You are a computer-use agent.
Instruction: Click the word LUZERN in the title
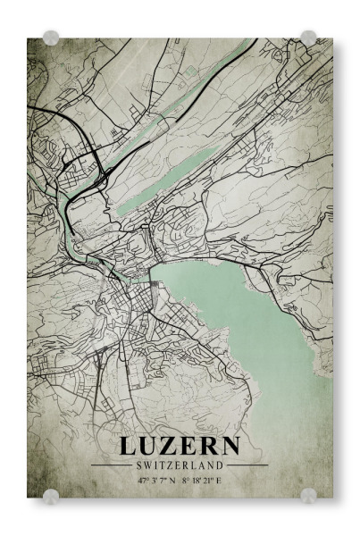(x=179, y=447)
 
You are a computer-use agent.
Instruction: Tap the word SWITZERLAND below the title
(x=179, y=465)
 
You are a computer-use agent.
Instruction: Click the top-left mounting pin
(x=51, y=38)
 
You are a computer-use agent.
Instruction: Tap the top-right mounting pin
(x=308, y=38)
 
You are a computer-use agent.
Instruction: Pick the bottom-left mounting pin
(x=51, y=494)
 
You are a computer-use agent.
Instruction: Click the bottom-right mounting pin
(x=308, y=494)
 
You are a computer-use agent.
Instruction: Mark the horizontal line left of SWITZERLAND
(x=112, y=465)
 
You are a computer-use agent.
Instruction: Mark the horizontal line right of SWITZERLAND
(x=247, y=465)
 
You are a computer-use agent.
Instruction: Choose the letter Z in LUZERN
(x=170, y=447)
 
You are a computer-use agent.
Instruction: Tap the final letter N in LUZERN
(x=229, y=447)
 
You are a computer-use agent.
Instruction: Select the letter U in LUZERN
(x=148, y=447)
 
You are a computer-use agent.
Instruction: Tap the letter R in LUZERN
(x=207, y=447)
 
